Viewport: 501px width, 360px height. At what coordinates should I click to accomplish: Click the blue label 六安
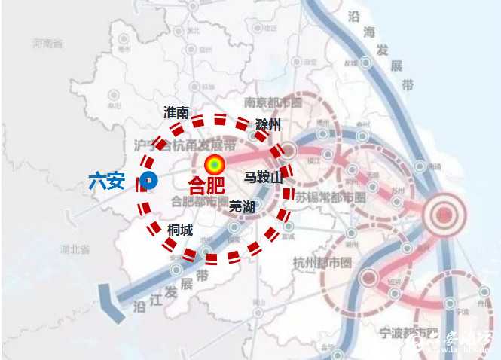click(x=106, y=181)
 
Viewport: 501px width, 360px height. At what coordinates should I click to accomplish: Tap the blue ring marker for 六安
click(x=148, y=180)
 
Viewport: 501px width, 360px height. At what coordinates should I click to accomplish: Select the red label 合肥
click(x=206, y=185)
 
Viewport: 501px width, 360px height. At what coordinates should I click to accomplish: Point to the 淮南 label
click(x=176, y=112)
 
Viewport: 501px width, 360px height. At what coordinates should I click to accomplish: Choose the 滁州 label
click(x=267, y=124)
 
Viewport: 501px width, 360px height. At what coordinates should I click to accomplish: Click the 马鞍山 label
click(x=262, y=178)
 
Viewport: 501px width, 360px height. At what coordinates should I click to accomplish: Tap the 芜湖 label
click(x=242, y=205)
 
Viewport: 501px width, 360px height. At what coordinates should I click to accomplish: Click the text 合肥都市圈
click(x=199, y=202)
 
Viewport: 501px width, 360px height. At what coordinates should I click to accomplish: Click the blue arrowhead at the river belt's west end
click(x=112, y=305)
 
